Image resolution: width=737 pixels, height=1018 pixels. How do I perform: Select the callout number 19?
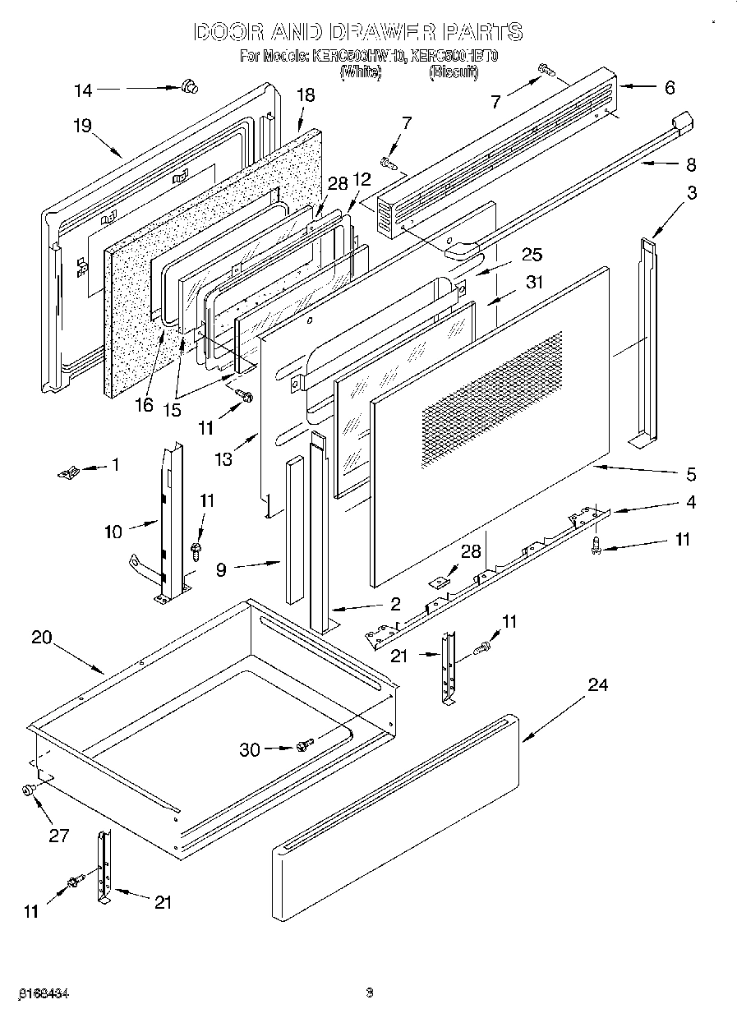(81, 125)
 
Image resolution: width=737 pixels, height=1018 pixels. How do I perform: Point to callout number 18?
(305, 95)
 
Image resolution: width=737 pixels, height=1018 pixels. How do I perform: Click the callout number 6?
(669, 87)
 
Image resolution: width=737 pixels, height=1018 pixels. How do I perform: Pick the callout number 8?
(690, 164)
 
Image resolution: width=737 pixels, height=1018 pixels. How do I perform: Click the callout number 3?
(692, 193)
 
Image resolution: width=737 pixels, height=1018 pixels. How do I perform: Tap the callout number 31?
(535, 282)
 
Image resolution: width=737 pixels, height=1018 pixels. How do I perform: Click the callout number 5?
(691, 473)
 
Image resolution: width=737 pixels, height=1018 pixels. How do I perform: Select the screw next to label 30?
(305, 744)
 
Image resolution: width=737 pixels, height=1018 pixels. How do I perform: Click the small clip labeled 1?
(68, 472)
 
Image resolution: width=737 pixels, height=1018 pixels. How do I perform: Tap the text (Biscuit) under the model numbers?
(453, 72)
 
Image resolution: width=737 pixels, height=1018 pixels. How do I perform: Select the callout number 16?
(145, 405)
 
